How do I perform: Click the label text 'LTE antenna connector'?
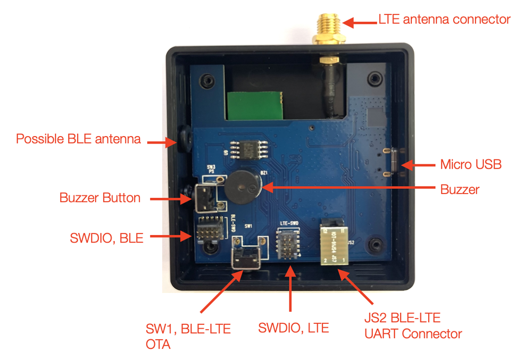[x=444, y=20]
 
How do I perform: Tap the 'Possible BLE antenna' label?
[x=78, y=139]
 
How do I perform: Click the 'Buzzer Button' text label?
[x=100, y=198]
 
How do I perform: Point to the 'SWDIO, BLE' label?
[x=107, y=238]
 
